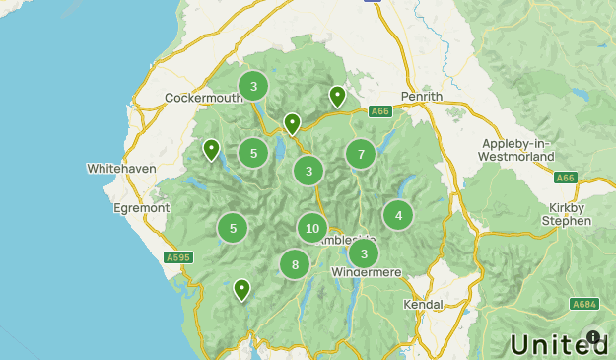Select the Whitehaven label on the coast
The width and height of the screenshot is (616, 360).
(x=121, y=169)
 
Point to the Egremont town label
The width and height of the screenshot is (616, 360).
(x=141, y=208)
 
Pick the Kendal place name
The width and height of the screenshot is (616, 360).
(x=423, y=305)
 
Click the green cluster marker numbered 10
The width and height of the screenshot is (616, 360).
(x=311, y=229)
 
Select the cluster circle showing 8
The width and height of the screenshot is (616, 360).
(x=295, y=264)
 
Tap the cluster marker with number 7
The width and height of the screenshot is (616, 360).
(x=361, y=154)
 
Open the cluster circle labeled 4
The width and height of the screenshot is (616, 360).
(x=398, y=215)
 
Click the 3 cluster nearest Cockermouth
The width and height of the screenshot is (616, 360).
(x=253, y=86)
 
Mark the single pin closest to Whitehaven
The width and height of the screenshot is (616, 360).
(x=211, y=150)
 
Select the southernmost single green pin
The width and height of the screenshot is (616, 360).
(x=241, y=290)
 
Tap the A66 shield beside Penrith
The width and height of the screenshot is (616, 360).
(x=380, y=111)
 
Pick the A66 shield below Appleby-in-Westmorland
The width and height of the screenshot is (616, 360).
(x=565, y=178)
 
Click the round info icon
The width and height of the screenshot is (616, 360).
(x=593, y=337)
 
